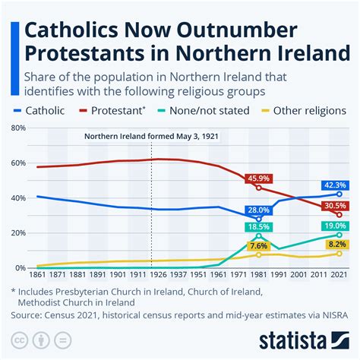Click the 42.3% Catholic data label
(x=336, y=185)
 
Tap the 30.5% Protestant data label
(x=336, y=206)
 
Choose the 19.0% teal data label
(x=336, y=226)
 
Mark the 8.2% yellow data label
(x=336, y=245)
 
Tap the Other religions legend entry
(x=308, y=110)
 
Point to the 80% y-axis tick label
(x=17, y=128)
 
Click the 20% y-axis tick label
(x=17, y=233)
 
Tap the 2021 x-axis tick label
(x=339, y=276)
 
